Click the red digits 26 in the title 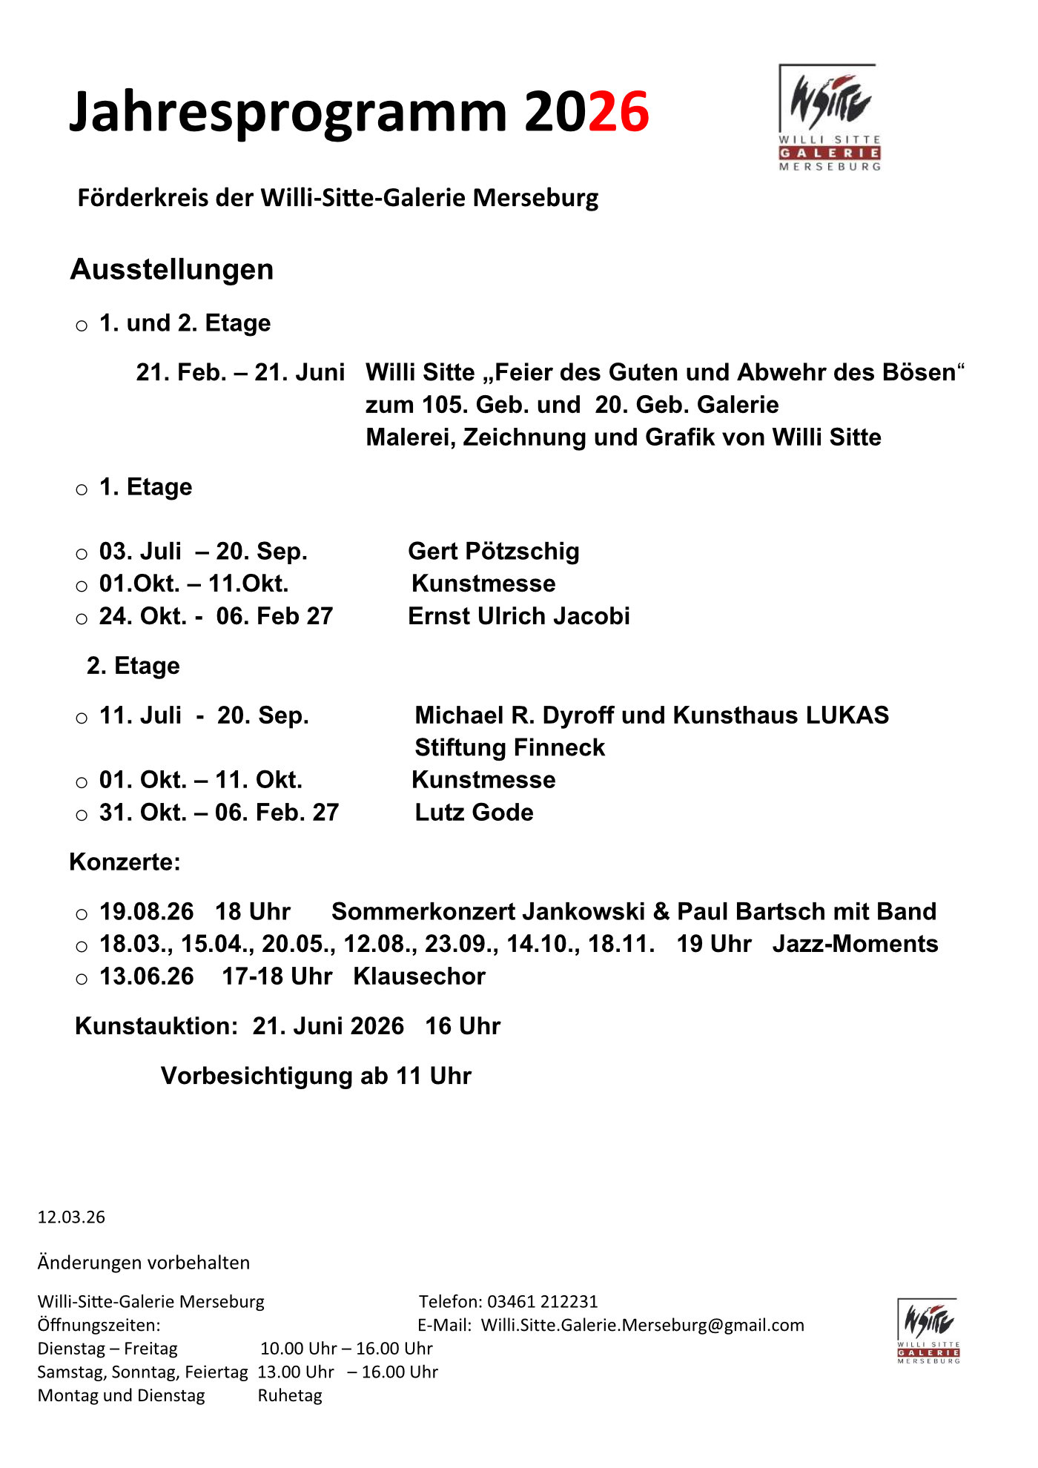pyautogui.click(x=618, y=112)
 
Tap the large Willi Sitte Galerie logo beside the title pyautogui.click(x=829, y=117)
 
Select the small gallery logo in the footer pyautogui.click(x=928, y=1330)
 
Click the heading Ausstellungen pyautogui.click(x=172, y=269)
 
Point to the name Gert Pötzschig pyautogui.click(x=494, y=551)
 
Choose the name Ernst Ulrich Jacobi pyautogui.click(x=519, y=616)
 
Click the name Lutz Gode pyautogui.click(x=474, y=813)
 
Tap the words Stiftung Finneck pyautogui.click(x=509, y=747)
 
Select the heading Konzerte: pyautogui.click(x=125, y=862)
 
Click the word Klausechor pyautogui.click(x=419, y=976)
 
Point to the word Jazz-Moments pyautogui.click(x=855, y=944)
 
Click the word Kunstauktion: pyautogui.click(x=156, y=1026)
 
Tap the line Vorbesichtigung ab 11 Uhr pyautogui.click(x=316, y=1076)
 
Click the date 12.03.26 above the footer pyautogui.click(x=71, y=1217)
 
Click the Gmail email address pyautogui.click(x=642, y=1325)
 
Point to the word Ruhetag pyautogui.click(x=290, y=1395)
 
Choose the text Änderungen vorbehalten pyautogui.click(x=144, y=1263)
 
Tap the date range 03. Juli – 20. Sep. pyautogui.click(x=203, y=552)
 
